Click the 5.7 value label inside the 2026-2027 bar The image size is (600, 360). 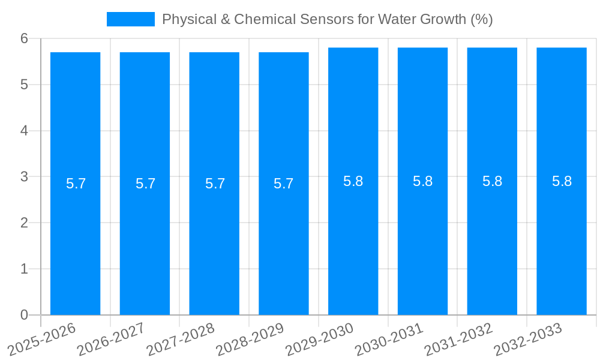tap(145, 184)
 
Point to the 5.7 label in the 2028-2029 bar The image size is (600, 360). tap(284, 184)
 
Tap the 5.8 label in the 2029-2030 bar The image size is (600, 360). tap(353, 181)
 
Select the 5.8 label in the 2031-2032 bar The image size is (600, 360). tap(492, 181)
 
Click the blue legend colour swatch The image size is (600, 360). tap(130, 19)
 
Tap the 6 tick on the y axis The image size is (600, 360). tap(24, 38)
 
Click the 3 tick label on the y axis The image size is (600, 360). tap(24, 177)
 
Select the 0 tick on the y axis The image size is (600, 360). tap(24, 315)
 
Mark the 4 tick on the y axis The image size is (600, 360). tap(24, 131)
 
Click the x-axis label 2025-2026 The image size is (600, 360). tap(42, 338)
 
